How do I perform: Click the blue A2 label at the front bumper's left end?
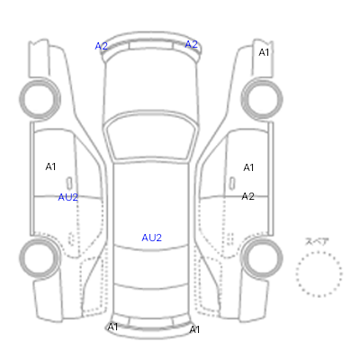point(101,46)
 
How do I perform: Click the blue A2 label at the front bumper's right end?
point(191,44)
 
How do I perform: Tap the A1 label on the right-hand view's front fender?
point(264,52)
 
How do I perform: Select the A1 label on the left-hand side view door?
point(50,166)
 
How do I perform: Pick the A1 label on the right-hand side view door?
point(248,167)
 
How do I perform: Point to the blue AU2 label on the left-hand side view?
point(68,197)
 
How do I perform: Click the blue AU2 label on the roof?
point(152,238)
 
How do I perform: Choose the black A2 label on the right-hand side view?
point(248,196)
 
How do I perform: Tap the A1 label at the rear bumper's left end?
point(112,327)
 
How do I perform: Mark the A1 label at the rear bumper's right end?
point(194,329)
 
